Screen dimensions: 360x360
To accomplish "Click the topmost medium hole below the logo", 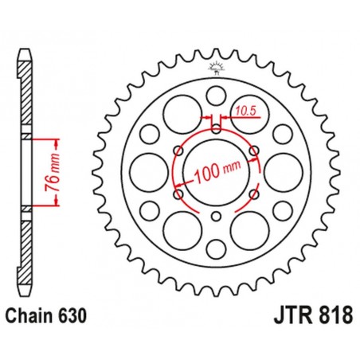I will pyautogui.click(x=216, y=97).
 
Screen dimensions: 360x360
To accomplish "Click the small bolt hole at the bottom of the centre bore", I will pyautogui.click(x=216, y=217).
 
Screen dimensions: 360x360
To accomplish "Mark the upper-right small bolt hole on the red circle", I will pyautogui.click(x=254, y=149).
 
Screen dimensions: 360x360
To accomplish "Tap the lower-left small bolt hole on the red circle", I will pyautogui.click(x=178, y=194).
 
